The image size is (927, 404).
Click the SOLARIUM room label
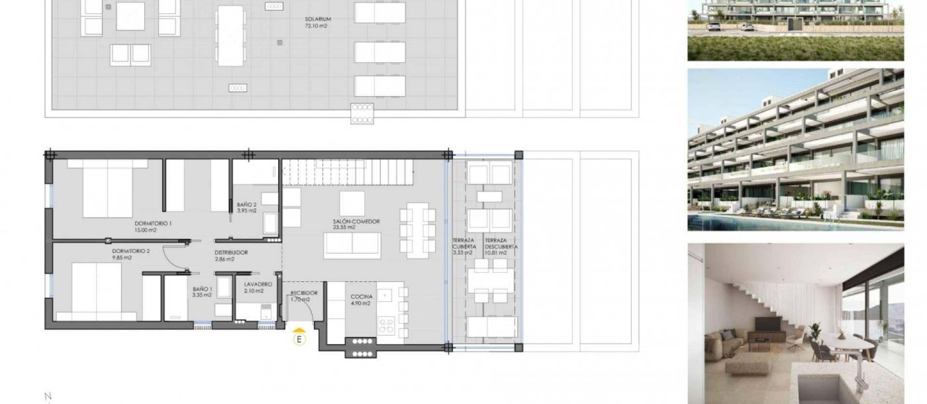tap(318, 20)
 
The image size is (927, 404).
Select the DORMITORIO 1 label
tap(153, 223)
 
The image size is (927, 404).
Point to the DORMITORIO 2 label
tap(131, 251)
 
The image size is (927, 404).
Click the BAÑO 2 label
tap(246, 205)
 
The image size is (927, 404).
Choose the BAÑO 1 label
tap(202, 289)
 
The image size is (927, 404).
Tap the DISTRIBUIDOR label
tap(231, 252)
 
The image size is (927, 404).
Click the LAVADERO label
tap(258, 284)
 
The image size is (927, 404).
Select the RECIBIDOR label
tap(304, 293)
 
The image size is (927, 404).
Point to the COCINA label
tap(361, 297)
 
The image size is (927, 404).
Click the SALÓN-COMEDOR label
tap(356, 222)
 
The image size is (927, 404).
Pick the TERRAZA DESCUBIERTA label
tap(501, 243)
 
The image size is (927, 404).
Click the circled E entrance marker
tap(300, 339)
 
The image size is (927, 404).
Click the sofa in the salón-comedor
tap(352, 245)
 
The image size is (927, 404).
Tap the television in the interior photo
tap(767, 323)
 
